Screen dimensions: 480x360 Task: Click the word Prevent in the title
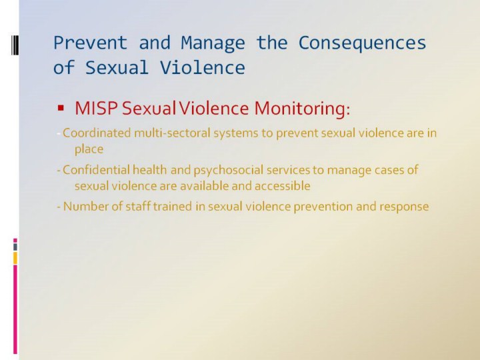[90, 42]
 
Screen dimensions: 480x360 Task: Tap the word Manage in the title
[213, 43]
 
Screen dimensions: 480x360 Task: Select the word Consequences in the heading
[362, 43]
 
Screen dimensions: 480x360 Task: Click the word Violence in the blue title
[203, 67]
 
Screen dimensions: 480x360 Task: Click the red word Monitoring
[302, 109]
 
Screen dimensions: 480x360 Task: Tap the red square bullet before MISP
[61, 108]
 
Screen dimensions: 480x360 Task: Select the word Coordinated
[97, 133]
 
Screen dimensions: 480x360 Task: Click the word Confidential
[96, 170]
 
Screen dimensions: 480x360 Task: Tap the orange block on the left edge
[15, 258]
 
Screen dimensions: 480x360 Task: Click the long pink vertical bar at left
[15, 309]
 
